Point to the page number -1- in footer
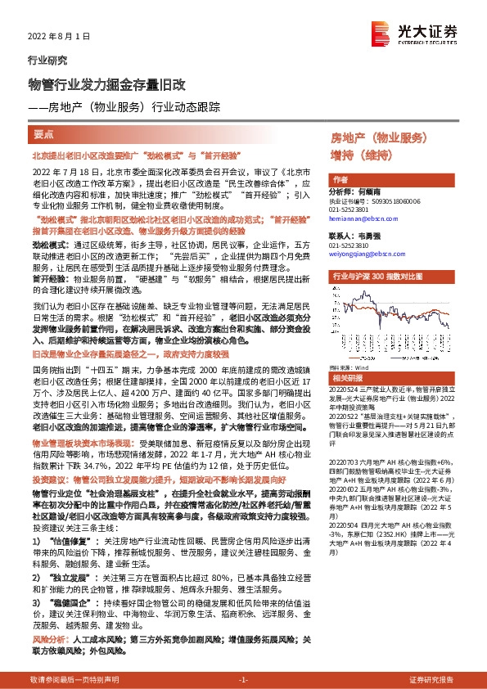[242, 680]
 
